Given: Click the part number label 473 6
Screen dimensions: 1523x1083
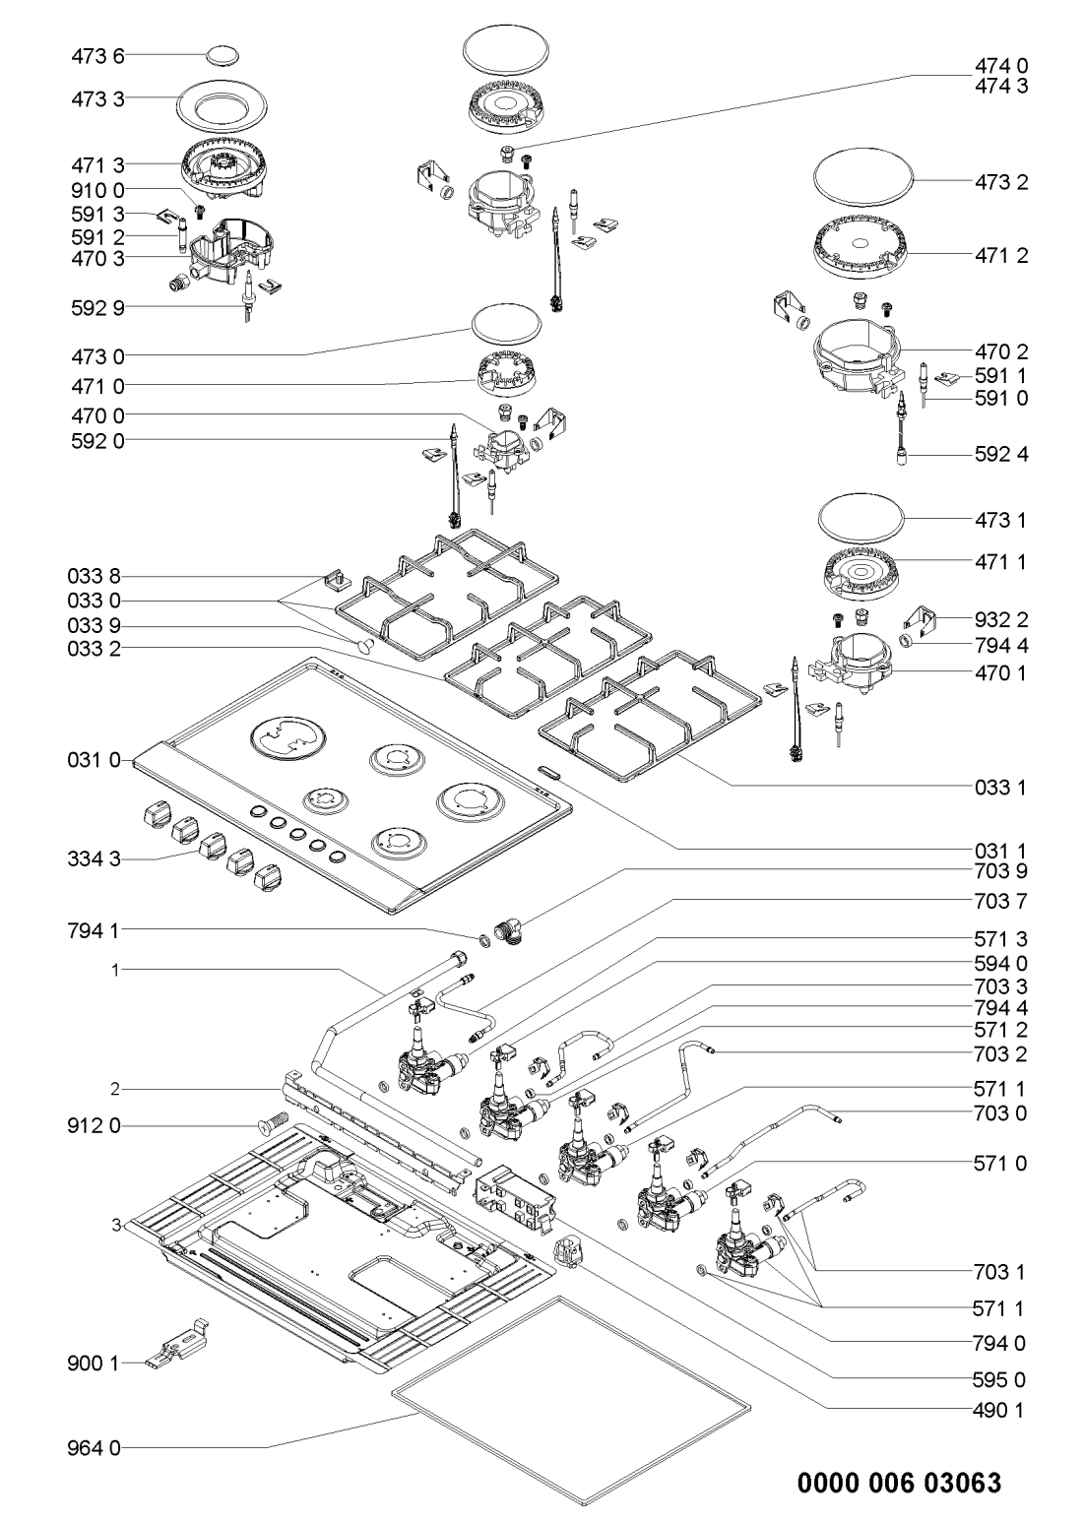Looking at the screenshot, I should pos(96,56).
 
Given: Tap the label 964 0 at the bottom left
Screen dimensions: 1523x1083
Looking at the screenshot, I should pos(96,1447).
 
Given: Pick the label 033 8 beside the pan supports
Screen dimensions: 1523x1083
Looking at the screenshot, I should pos(96,575).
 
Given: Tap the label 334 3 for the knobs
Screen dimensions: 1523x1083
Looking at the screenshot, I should pos(96,860).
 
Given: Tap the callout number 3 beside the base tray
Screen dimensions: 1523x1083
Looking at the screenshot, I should pos(116,1225).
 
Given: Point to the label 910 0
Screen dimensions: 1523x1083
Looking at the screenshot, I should pos(96,188).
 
